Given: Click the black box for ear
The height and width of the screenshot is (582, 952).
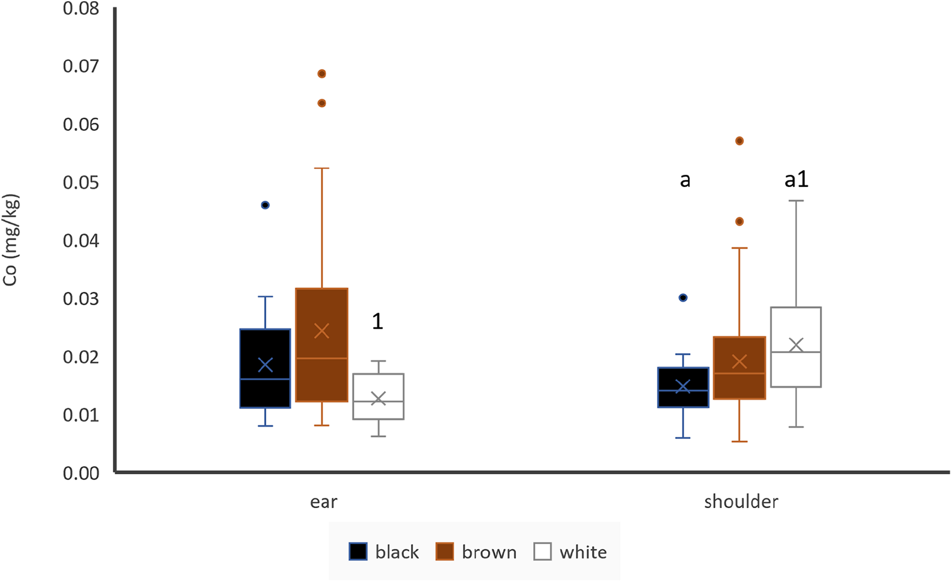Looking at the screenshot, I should tap(265, 368).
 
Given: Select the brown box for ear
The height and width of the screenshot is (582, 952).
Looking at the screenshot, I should tap(321, 344).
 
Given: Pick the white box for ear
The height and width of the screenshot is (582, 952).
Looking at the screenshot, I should tap(378, 396).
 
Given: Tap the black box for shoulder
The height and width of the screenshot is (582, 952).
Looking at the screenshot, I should tap(683, 387).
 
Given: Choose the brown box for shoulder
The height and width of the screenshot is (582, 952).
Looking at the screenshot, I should tap(739, 367).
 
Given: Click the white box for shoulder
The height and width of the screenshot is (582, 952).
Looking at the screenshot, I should tap(796, 347).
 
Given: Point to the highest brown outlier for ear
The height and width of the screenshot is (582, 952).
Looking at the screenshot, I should tap(322, 74).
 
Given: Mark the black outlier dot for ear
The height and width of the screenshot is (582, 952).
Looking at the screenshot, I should tap(265, 205).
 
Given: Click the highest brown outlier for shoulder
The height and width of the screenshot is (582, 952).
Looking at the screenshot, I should tap(739, 141).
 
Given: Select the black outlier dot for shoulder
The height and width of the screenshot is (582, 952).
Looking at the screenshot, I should tap(683, 298).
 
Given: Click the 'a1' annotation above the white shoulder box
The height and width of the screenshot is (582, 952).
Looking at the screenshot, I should tap(796, 180).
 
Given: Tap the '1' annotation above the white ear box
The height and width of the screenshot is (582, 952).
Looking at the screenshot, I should tap(377, 321).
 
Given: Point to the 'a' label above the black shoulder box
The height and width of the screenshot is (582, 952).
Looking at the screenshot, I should tap(685, 180).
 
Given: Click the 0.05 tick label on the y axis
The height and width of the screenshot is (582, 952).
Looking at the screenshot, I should tap(81, 183).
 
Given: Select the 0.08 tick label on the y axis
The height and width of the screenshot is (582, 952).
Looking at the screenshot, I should tap(81, 9).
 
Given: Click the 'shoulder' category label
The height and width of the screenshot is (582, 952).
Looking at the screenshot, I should tap(741, 501).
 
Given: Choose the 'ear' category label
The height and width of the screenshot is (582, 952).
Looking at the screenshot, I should tap(323, 501).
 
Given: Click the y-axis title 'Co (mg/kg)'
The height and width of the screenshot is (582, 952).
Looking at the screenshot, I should tap(11, 239).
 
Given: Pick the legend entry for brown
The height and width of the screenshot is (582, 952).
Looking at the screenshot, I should tap(476, 552).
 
